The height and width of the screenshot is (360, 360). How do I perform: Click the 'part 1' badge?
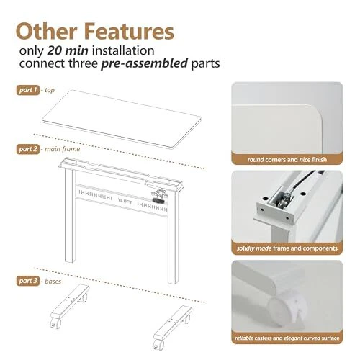tap(28, 90)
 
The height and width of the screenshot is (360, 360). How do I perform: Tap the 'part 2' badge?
tap(28, 149)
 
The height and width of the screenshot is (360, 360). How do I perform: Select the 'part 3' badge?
tap(28, 281)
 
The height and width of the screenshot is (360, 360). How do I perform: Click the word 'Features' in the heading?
tap(129, 32)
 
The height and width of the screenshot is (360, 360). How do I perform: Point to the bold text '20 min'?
tap(68, 50)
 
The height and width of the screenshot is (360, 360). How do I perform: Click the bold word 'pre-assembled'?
tap(144, 63)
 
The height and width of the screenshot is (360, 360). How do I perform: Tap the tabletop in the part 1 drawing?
tap(122, 120)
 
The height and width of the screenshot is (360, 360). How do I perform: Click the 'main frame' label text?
tap(63, 149)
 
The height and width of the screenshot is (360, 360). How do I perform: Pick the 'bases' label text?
tap(53, 281)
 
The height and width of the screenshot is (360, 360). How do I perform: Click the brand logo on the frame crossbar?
tap(125, 201)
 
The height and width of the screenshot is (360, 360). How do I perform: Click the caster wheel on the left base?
tap(55, 323)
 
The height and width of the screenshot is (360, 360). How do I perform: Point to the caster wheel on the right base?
tap(158, 345)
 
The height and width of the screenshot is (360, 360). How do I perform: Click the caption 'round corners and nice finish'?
tap(287, 160)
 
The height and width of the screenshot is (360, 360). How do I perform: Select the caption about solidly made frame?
tap(287, 248)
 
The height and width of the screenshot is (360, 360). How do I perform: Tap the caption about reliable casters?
tap(287, 338)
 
